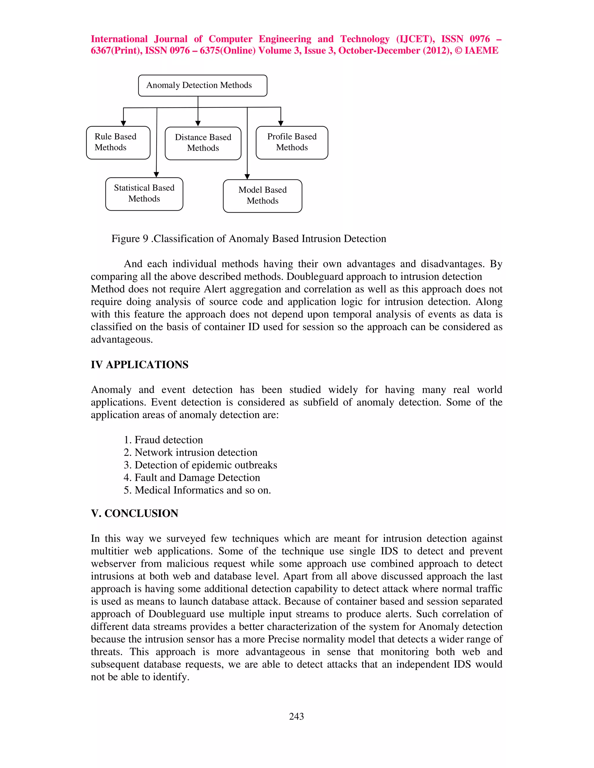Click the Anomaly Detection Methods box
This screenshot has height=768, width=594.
202,85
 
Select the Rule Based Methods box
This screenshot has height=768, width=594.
118,142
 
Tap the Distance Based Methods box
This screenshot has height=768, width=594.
203,143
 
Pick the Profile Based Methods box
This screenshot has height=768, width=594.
292,142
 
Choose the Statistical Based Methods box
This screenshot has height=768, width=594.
144,194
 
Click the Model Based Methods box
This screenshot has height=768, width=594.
262,196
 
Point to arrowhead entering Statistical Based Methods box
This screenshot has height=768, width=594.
156,174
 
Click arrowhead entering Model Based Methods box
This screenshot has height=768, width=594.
247,176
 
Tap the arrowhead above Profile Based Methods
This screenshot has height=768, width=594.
281,123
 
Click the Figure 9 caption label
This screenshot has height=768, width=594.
249,239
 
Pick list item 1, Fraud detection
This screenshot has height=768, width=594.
163,440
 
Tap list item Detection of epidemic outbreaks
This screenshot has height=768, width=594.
201,465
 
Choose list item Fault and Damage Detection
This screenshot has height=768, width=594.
192,478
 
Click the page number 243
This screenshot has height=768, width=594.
296,716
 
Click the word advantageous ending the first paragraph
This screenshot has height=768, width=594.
122,340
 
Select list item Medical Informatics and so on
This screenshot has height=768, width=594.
198,490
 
